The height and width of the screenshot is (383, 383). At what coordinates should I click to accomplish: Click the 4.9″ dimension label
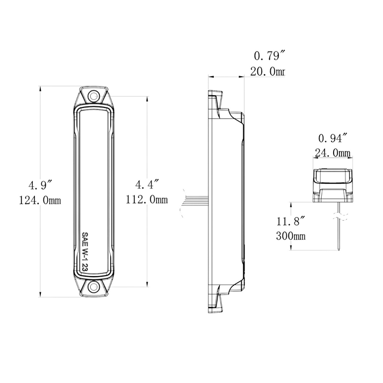40,185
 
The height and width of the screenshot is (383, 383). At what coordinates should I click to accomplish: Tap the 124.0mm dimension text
40,200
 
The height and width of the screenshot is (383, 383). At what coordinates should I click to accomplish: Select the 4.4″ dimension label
147,185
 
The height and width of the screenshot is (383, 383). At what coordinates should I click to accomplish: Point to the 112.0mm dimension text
147,200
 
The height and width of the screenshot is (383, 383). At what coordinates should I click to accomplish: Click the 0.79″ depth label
269,55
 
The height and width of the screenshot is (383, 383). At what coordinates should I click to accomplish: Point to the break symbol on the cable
339,217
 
